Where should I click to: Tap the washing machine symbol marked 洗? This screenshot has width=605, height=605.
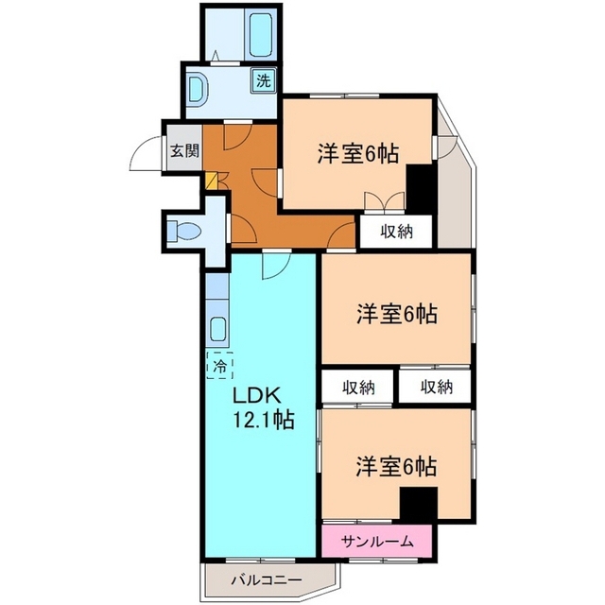pos(264,80)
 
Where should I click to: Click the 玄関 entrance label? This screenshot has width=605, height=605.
pos(184,151)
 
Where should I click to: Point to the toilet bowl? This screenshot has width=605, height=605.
pos(184,232)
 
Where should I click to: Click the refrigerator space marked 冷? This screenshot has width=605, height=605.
pos(220,366)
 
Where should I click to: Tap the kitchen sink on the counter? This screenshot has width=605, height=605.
pos(217,329)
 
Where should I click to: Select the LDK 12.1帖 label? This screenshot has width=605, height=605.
pos(262,407)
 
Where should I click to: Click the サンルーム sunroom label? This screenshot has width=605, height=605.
pos(377,542)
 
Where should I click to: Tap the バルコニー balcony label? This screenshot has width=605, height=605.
pos(267,580)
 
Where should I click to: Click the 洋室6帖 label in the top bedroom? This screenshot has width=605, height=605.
pos(357,153)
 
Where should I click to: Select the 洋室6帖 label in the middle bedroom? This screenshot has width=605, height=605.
pos(396,313)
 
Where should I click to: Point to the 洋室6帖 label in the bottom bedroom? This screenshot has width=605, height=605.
pos(396,466)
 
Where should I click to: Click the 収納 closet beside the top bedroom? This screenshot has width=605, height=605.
pos(397,232)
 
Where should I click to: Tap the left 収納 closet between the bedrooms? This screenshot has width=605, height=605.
pos(358,387)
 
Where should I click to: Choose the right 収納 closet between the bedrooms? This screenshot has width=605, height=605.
pos(436,387)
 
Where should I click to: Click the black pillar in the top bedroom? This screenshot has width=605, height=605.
pos(420,188)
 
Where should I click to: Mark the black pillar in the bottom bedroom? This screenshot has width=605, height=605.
pos(418,503)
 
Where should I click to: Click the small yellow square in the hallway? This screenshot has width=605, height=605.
pos(211,181)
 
